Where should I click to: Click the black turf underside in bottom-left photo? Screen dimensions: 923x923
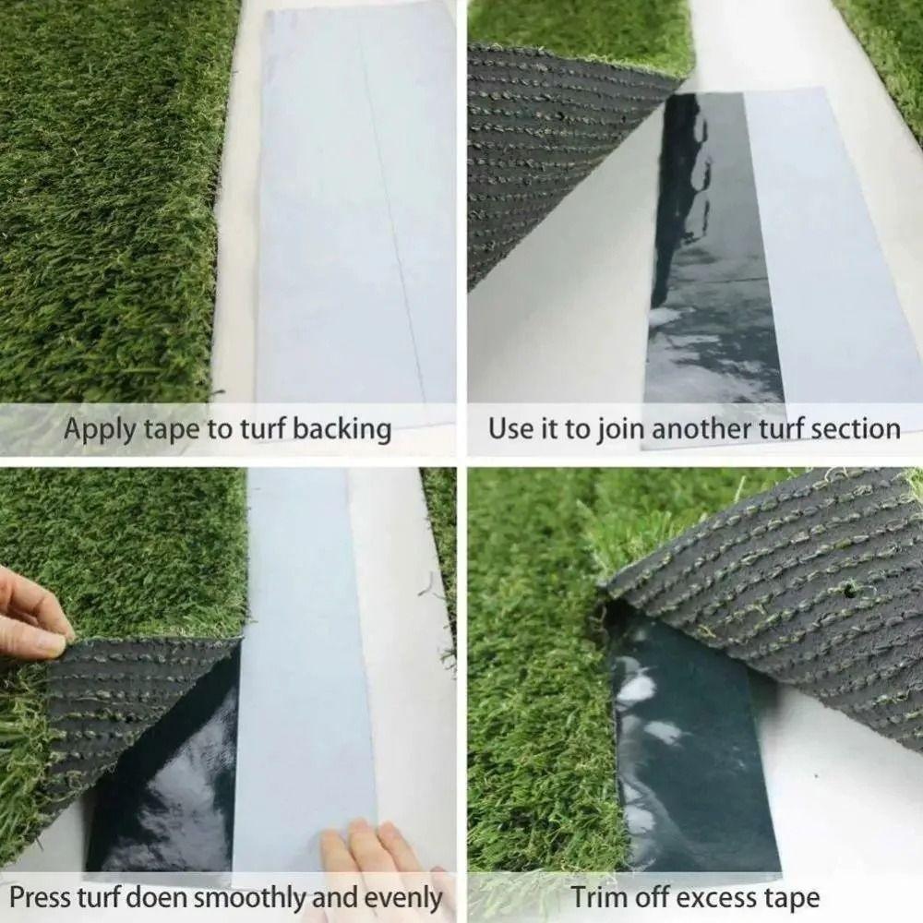tap(120, 701)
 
